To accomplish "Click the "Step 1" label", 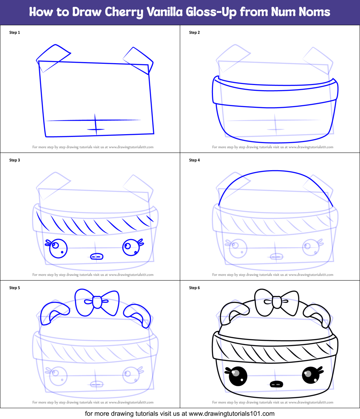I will [x=14, y=32].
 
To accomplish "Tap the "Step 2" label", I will [x=194, y=32].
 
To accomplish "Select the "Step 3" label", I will [x=14, y=160].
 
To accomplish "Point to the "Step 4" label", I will [x=194, y=160].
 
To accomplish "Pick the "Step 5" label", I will [x=14, y=288].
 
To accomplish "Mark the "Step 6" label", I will [x=194, y=288].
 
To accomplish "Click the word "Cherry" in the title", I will [x=124, y=12].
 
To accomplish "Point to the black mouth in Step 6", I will [x=276, y=384].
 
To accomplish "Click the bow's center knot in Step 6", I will [x=277, y=302].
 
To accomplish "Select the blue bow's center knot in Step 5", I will [x=97, y=302].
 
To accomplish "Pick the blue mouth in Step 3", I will [x=96, y=256].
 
